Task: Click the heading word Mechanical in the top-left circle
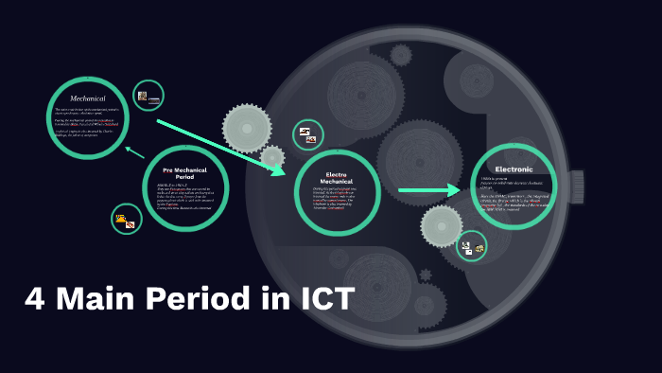point(87,98)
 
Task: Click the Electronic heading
point(514,169)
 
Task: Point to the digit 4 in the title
point(35,300)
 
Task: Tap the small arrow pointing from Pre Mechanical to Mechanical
point(135,150)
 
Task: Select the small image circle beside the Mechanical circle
point(148,97)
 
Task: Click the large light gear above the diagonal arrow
point(247,126)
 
